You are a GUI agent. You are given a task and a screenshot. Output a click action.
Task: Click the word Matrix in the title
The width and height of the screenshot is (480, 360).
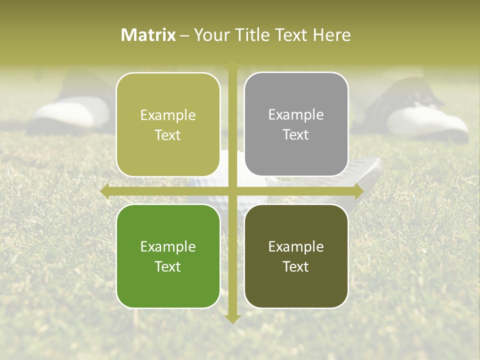(148, 35)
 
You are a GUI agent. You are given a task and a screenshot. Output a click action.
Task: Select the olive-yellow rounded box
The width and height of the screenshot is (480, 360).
(168, 124)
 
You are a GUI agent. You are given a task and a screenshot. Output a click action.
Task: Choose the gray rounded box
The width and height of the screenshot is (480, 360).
(296, 124)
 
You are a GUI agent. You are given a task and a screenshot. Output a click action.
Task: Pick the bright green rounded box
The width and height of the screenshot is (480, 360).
(168, 256)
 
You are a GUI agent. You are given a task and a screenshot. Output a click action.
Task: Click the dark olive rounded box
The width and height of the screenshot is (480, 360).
(296, 256)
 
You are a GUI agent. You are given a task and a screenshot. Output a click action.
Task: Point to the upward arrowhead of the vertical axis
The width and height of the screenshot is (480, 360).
(232, 65)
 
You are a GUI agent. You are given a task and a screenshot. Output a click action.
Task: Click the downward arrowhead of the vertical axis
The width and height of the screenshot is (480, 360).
(232, 318)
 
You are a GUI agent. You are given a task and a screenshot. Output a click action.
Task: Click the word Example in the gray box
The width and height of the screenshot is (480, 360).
(296, 114)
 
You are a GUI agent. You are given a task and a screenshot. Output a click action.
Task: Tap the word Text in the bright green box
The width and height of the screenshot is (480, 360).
(168, 266)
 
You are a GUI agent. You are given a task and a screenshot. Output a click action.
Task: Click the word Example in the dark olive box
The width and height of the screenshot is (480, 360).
(296, 246)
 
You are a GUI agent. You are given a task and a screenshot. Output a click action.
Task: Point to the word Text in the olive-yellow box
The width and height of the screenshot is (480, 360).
(168, 135)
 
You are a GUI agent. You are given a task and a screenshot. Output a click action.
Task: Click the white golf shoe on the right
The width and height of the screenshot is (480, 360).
(430, 120)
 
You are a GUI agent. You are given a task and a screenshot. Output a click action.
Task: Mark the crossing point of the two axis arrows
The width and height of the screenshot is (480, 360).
(232, 191)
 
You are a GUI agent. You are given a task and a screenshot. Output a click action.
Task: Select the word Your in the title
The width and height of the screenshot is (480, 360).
(210, 35)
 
